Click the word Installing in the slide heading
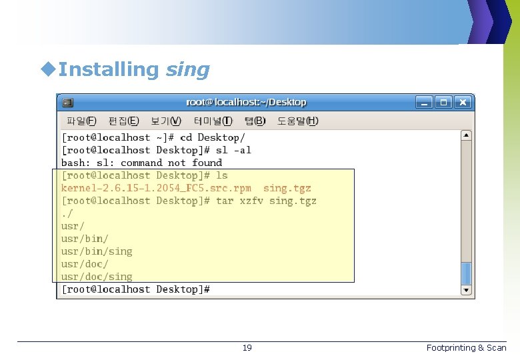(107, 69)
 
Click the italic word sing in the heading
(187, 69)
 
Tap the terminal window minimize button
(424, 103)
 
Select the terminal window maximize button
(444, 103)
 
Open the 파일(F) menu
(81, 121)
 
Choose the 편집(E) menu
(123, 121)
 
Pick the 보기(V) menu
(165, 121)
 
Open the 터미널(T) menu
(213, 121)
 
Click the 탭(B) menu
(255, 121)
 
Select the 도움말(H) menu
(298, 121)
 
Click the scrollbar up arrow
(467, 135)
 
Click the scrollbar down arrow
(467, 289)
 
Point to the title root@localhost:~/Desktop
(246, 103)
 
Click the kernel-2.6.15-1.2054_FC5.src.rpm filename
(156, 188)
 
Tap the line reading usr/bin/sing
(97, 251)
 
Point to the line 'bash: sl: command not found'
(141, 163)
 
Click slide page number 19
(247, 348)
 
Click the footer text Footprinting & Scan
(466, 348)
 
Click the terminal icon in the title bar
(67, 103)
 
